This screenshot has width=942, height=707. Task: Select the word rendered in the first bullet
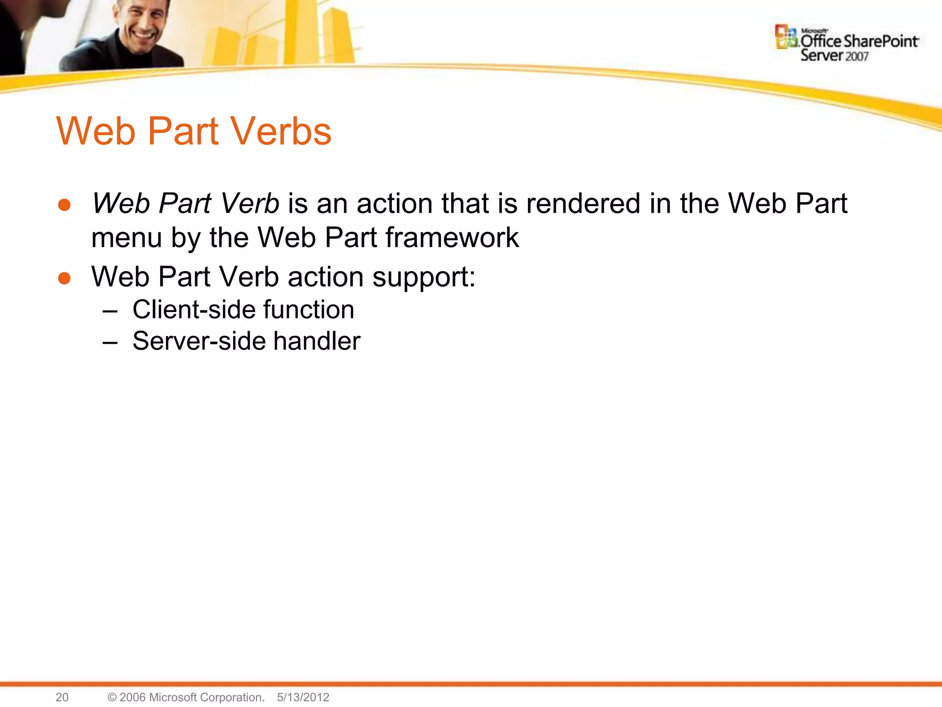(583, 203)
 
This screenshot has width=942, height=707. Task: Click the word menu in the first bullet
(126, 238)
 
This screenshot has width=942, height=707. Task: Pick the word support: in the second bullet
(424, 278)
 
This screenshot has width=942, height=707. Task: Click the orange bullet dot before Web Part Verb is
(64, 205)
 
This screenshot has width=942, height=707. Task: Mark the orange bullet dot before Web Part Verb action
(64, 278)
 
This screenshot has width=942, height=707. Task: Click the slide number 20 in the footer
(62, 697)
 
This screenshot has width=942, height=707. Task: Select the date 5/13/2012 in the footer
(303, 697)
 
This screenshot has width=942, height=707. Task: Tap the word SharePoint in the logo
(881, 41)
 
